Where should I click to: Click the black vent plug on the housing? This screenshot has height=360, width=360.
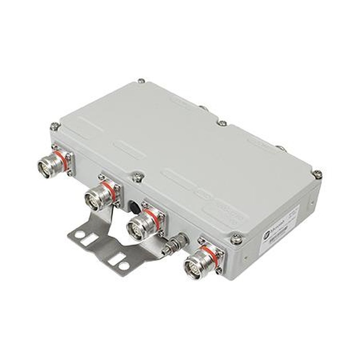click(134, 207)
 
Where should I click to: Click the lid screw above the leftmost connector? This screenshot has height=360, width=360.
click(55, 126)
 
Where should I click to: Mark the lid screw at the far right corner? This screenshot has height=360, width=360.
click(317, 174)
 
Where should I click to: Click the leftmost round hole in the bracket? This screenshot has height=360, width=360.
click(79, 234)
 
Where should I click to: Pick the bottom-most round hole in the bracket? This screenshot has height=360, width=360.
click(123, 266)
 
